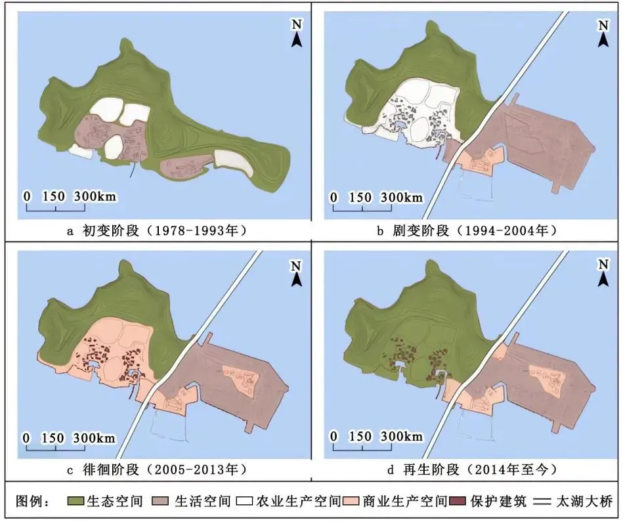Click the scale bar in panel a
56,207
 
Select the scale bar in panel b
362,207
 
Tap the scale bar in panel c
56,447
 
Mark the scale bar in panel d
362,447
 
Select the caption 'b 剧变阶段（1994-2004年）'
467,230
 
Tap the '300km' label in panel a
95,196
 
